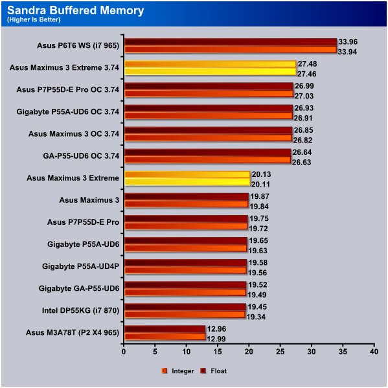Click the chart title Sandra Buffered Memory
click(76, 10)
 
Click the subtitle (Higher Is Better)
click(34, 19)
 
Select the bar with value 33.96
click(231, 42)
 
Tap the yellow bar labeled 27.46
click(211, 72)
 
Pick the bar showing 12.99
click(165, 337)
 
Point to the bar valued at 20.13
click(187, 174)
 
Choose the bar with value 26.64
click(208, 152)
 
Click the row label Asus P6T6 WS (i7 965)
click(78, 45)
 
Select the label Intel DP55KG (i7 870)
click(80, 310)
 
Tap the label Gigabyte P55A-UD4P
click(80, 266)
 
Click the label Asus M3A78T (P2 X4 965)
click(73, 332)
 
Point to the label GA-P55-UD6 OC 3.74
click(81, 156)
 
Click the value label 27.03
click(304, 96)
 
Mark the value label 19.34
click(256, 317)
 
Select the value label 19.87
click(259, 196)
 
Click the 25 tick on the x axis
click(280, 352)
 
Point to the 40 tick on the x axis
click(374, 352)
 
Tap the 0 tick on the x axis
click(124, 352)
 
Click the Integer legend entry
click(177, 371)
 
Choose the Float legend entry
click(214, 371)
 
